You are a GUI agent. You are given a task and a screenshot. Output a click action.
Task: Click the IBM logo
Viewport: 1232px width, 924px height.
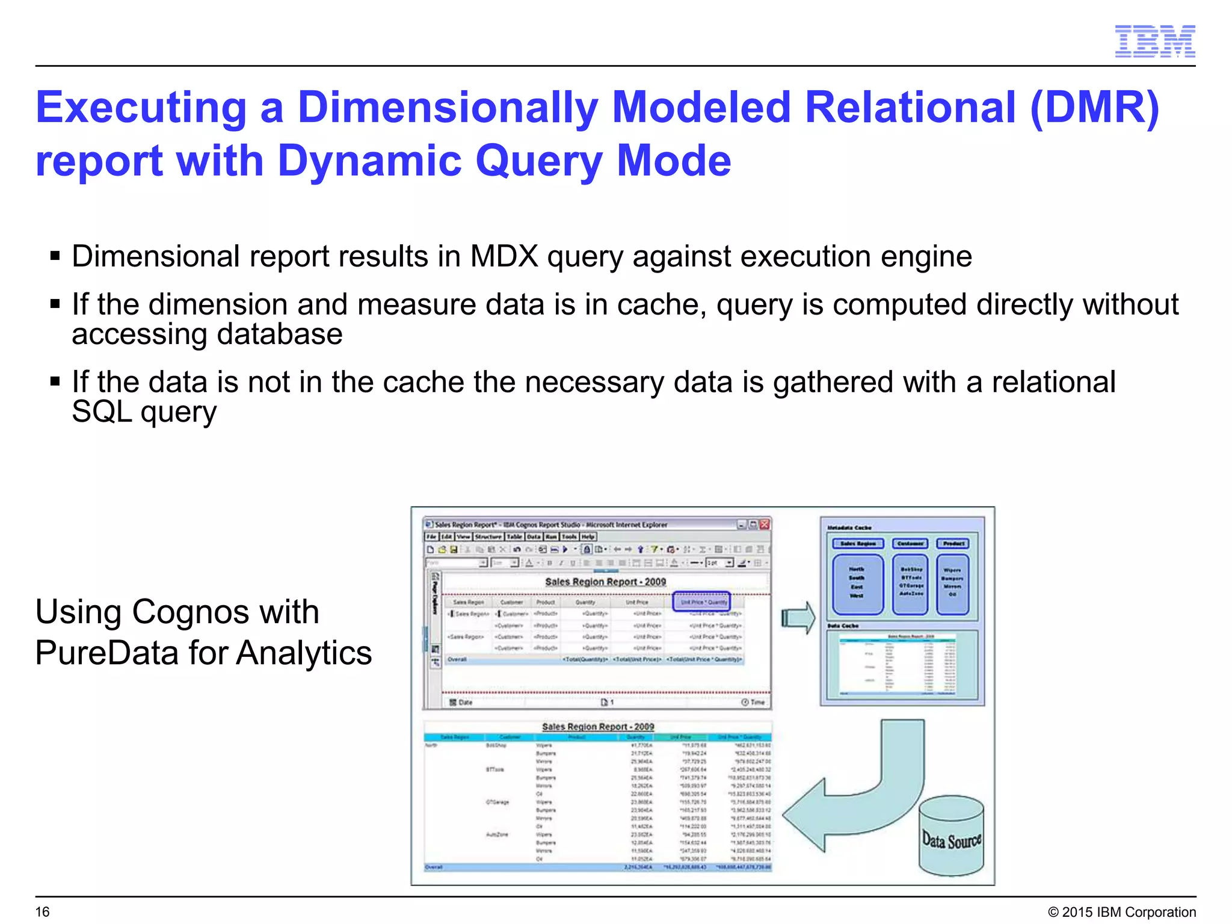pyautogui.click(x=1154, y=42)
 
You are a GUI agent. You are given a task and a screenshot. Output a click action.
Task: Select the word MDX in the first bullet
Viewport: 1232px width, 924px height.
pyautogui.click(x=504, y=257)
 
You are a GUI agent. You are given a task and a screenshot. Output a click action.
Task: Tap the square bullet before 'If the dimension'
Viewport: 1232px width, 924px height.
pyautogui.click(x=55, y=304)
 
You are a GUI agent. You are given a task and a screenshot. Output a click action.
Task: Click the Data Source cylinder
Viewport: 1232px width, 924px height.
pyautogui.click(x=951, y=837)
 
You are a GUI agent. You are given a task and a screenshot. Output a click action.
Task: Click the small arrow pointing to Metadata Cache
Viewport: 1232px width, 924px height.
pyautogui.click(x=798, y=618)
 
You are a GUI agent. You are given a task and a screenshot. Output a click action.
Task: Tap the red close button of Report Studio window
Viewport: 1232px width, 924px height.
pyautogui.click(x=765, y=525)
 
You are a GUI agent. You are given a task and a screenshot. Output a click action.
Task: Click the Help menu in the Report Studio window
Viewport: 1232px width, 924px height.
pyautogui.click(x=588, y=537)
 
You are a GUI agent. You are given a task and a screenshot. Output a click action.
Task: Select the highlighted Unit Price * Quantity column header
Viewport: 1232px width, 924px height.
pyautogui.click(x=701, y=602)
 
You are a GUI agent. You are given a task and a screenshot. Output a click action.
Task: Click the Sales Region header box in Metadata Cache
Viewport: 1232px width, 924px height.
pyautogui.click(x=858, y=544)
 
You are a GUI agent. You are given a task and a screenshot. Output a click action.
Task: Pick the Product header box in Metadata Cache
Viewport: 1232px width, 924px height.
pyautogui.click(x=953, y=544)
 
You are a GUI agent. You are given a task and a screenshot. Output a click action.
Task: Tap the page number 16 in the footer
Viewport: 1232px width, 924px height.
pyautogui.click(x=43, y=912)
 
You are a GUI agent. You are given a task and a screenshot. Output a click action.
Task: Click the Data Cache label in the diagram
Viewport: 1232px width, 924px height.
pyautogui.click(x=843, y=626)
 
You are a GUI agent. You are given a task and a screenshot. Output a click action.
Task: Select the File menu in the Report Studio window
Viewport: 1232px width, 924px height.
pyautogui.click(x=431, y=537)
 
